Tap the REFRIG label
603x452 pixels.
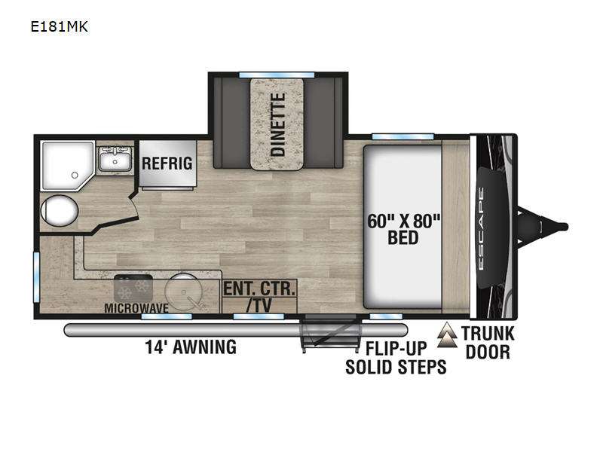pyautogui.click(x=167, y=163)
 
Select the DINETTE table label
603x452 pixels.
pyautogui.click(x=277, y=124)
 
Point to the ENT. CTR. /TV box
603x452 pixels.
pyautogui.click(x=259, y=296)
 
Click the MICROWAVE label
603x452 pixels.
pyautogui.click(x=136, y=307)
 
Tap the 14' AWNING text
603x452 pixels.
pyautogui.click(x=191, y=347)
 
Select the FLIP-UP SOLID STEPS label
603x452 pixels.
pyautogui.click(x=396, y=359)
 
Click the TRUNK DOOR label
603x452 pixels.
pyautogui.click(x=487, y=342)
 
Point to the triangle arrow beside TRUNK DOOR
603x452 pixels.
pyautogui.click(x=450, y=335)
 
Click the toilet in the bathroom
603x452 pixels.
pyautogui.click(x=58, y=210)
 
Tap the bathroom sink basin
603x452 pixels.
pyautogui.click(x=116, y=159)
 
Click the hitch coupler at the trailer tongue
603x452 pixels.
pyautogui.click(x=559, y=224)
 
